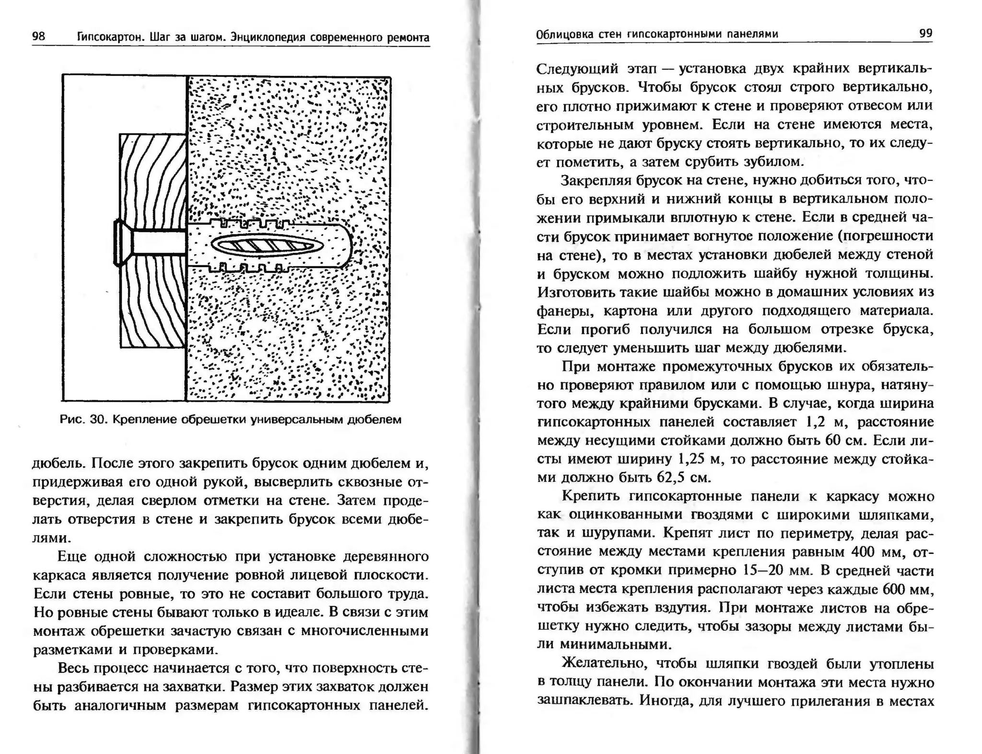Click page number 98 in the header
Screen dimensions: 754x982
click(x=38, y=37)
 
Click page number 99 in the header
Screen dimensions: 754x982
click(x=925, y=33)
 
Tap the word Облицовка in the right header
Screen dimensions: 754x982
click(x=563, y=34)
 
